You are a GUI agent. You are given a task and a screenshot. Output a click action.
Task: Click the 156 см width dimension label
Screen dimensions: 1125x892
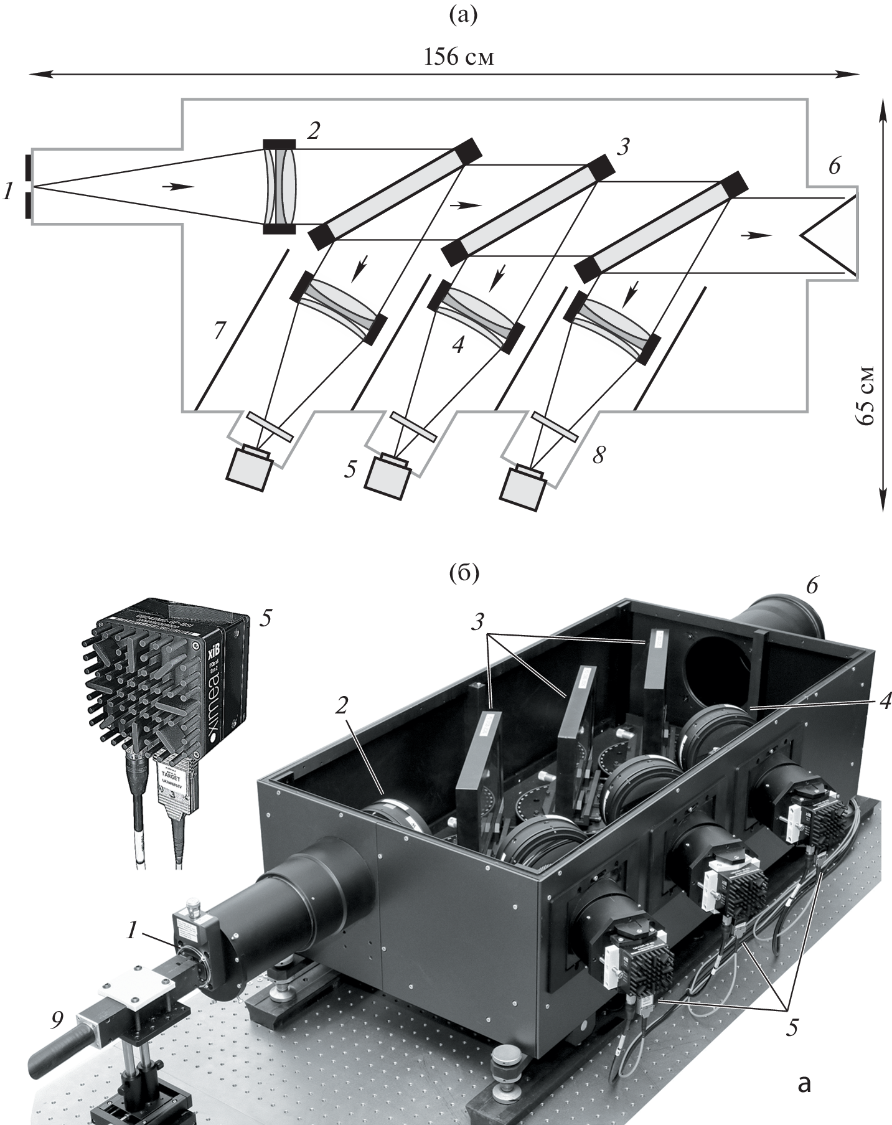(x=459, y=57)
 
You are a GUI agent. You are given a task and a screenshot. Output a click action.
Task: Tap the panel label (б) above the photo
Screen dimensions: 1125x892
(x=464, y=574)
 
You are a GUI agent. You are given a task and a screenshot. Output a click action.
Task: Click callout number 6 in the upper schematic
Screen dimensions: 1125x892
(x=835, y=166)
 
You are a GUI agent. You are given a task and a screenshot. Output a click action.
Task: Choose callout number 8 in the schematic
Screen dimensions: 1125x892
(x=598, y=455)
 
